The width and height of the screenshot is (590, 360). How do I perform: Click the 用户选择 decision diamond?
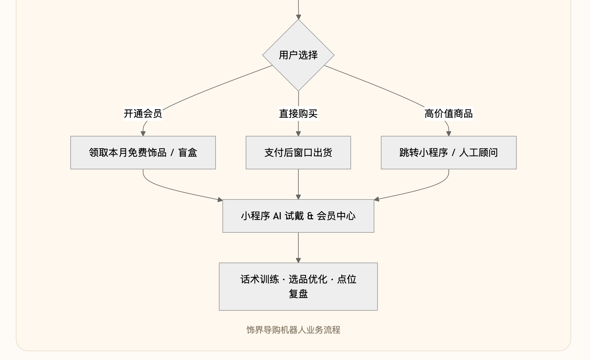[x=298, y=55]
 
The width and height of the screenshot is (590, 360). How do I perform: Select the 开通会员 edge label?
[x=143, y=114]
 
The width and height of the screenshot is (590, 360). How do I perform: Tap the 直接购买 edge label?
[x=298, y=114]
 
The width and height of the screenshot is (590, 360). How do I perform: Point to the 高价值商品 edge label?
[x=448, y=114]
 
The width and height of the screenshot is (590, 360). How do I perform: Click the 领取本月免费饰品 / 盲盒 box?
[x=143, y=153]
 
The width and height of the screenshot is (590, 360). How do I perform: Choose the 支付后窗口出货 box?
[x=298, y=153]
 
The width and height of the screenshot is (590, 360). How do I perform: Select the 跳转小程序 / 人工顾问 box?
[x=449, y=153]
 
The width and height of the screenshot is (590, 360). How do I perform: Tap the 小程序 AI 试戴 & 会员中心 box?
[x=298, y=216]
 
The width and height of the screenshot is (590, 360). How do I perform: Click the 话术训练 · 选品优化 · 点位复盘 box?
[x=298, y=287]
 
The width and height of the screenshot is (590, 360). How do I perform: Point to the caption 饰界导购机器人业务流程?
[x=293, y=330]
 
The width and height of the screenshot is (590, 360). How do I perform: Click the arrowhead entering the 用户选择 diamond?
[x=298, y=17]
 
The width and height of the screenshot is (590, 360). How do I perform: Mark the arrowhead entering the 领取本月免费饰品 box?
[x=143, y=134]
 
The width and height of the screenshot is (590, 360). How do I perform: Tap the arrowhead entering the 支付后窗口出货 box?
[x=298, y=134]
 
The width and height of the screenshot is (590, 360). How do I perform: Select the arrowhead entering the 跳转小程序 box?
[x=448, y=134]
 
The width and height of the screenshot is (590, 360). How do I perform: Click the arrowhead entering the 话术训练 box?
[x=298, y=260]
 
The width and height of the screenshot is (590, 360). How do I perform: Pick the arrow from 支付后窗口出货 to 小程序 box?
[x=298, y=184]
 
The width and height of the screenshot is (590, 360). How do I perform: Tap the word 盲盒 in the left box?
[x=188, y=153]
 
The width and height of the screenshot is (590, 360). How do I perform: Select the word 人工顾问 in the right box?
[x=478, y=153]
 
